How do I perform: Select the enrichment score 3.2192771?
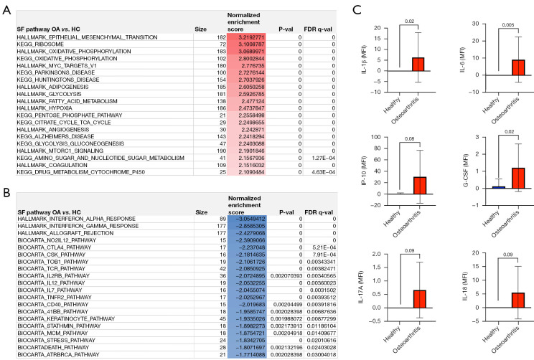point(252,37)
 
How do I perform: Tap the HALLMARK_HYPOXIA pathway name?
point(44,108)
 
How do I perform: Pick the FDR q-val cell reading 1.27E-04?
point(323,158)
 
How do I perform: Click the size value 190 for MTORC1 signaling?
point(221,151)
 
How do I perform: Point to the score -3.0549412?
point(251,219)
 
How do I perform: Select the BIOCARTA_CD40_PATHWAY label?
point(53,305)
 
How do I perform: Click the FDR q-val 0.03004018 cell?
point(322,354)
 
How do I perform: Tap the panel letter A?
point(6,10)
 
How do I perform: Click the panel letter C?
point(357,10)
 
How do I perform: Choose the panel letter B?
point(6,193)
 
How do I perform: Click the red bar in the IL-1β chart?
point(418,65)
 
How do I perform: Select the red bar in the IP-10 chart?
point(420,186)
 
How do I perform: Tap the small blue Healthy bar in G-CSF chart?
point(499,187)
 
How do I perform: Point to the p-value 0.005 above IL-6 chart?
point(508,25)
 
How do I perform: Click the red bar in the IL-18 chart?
point(517,300)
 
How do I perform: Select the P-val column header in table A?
point(286,29)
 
